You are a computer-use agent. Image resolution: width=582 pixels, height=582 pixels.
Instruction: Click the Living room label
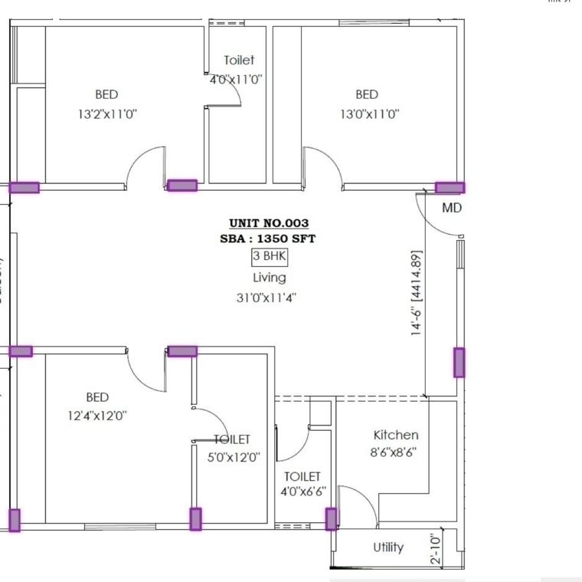coord(269,278)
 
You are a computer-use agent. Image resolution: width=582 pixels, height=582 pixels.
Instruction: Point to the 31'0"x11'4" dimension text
coord(266,297)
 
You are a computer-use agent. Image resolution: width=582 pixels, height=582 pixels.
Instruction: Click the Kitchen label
coord(395,435)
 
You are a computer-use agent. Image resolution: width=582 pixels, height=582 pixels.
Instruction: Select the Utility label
coord(388,547)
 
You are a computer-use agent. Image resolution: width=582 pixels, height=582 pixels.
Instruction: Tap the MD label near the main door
coord(452,208)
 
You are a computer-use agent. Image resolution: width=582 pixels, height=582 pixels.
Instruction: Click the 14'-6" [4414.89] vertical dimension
coord(417,292)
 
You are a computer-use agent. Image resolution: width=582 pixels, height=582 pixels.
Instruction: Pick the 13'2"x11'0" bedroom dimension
coord(107,114)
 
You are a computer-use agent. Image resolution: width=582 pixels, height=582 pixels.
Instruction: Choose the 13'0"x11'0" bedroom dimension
coord(370,114)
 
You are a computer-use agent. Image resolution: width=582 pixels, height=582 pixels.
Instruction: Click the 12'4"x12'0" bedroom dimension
coord(96,416)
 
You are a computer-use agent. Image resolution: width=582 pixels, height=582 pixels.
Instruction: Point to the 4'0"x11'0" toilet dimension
coord(237,79)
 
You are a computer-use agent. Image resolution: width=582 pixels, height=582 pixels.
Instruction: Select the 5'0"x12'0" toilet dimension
coord(234,457)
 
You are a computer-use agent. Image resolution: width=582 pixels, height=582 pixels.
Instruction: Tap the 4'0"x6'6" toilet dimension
coord(302,494)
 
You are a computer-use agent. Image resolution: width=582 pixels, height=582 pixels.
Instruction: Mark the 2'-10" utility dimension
coord(436,550)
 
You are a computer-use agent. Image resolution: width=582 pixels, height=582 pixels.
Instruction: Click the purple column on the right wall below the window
coord(459,362)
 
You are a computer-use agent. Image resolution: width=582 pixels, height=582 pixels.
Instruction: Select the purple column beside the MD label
coord(450,187)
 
